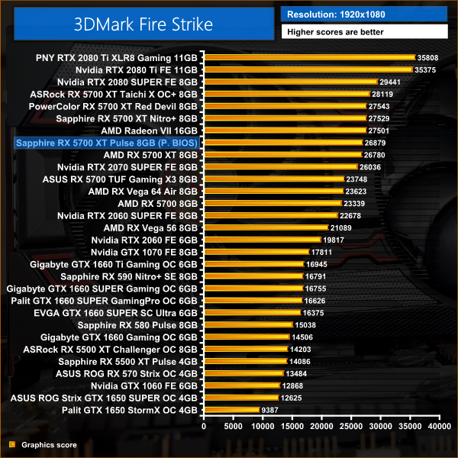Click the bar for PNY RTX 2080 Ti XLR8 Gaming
[x=309, y=57]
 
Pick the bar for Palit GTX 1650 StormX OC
[x=231, y=410]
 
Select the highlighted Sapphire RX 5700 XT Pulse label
[x=107, y=143]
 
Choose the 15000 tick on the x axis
[x=291, y=427]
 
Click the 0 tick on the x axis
[x=204, y=427]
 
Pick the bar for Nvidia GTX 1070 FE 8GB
[x=256, y=252]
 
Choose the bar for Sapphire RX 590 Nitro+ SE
[x=253, y=276]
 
